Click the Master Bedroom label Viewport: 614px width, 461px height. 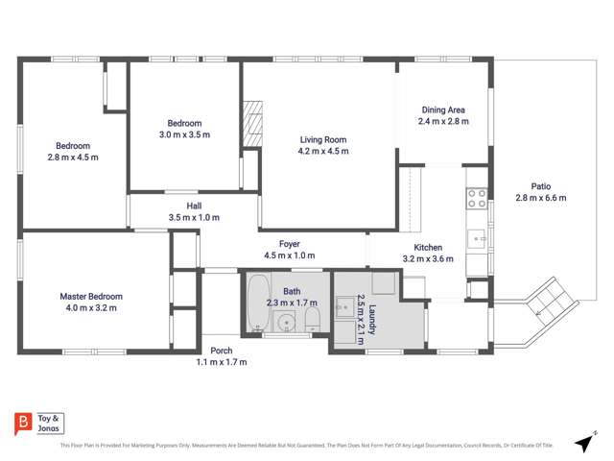(91, 297)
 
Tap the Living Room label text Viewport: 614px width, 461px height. (322, 139)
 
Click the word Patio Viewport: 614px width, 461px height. (541, 186)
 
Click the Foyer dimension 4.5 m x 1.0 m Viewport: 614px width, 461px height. (290, 255)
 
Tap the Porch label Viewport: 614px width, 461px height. (222, 350)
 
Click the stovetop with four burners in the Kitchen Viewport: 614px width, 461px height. (477, 199)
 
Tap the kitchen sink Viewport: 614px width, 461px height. (477, 236)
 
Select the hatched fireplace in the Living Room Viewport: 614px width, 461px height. (252, 124)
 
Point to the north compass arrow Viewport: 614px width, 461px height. (583, 442)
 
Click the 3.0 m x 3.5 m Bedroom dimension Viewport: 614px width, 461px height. (184, 135)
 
